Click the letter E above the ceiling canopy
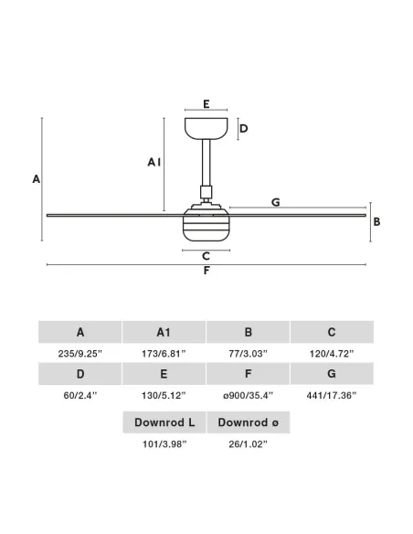click(x=206, y=104)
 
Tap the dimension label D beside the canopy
click(x=244, y=128)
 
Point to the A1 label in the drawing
click(x=154, y=162)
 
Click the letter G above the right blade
click(x=276, y=202)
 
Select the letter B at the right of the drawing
click(x=376, y=221)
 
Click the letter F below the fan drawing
click(x=206, y=271)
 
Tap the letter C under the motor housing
click(x=206, y=256)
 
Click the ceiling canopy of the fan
click(x=206, y=128)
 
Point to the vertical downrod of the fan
click(x=206, y=163)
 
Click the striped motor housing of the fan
click(x=206, y=226)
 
